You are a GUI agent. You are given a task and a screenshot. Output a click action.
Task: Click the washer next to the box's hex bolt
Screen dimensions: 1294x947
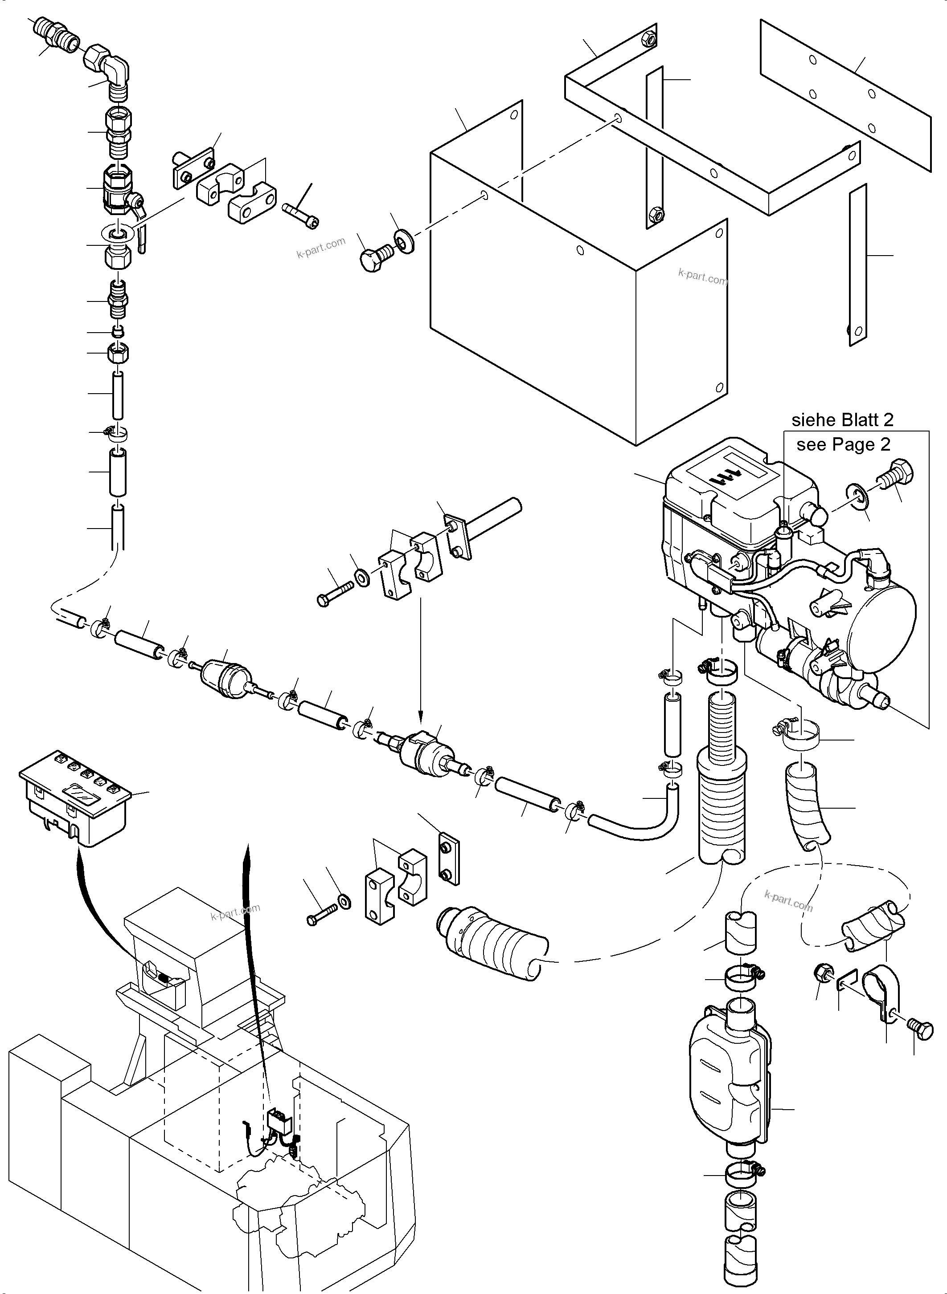point(404,240)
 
